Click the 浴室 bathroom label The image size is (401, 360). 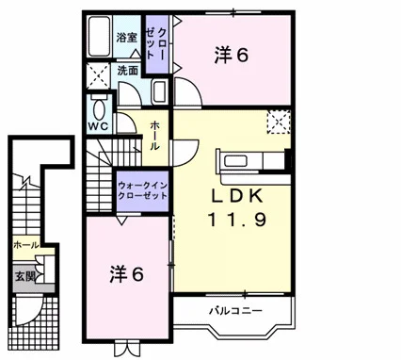coord(127,38)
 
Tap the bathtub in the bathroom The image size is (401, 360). coord(99,36)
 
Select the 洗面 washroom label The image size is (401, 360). coord(128,71)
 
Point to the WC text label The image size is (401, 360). coord(98,126)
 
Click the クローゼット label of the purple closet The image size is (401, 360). coord(156,43)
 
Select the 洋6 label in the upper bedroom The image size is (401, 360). coord(232,56)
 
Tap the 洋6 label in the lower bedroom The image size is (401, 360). coord(127,274)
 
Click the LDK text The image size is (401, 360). coord(236,196)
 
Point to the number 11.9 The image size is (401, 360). coord(237,219)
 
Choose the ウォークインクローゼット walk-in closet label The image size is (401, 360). coord(143,190)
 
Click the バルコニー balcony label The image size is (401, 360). coord(235,311)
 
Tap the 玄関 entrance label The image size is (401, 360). coord(24,277)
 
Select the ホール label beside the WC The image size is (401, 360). coord(155,136)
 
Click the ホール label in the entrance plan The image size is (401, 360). coord(26,245)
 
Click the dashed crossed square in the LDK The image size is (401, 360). coord(279,122)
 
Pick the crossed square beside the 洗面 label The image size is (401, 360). coord(98,76)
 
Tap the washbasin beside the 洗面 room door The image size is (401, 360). coord(160,91)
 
